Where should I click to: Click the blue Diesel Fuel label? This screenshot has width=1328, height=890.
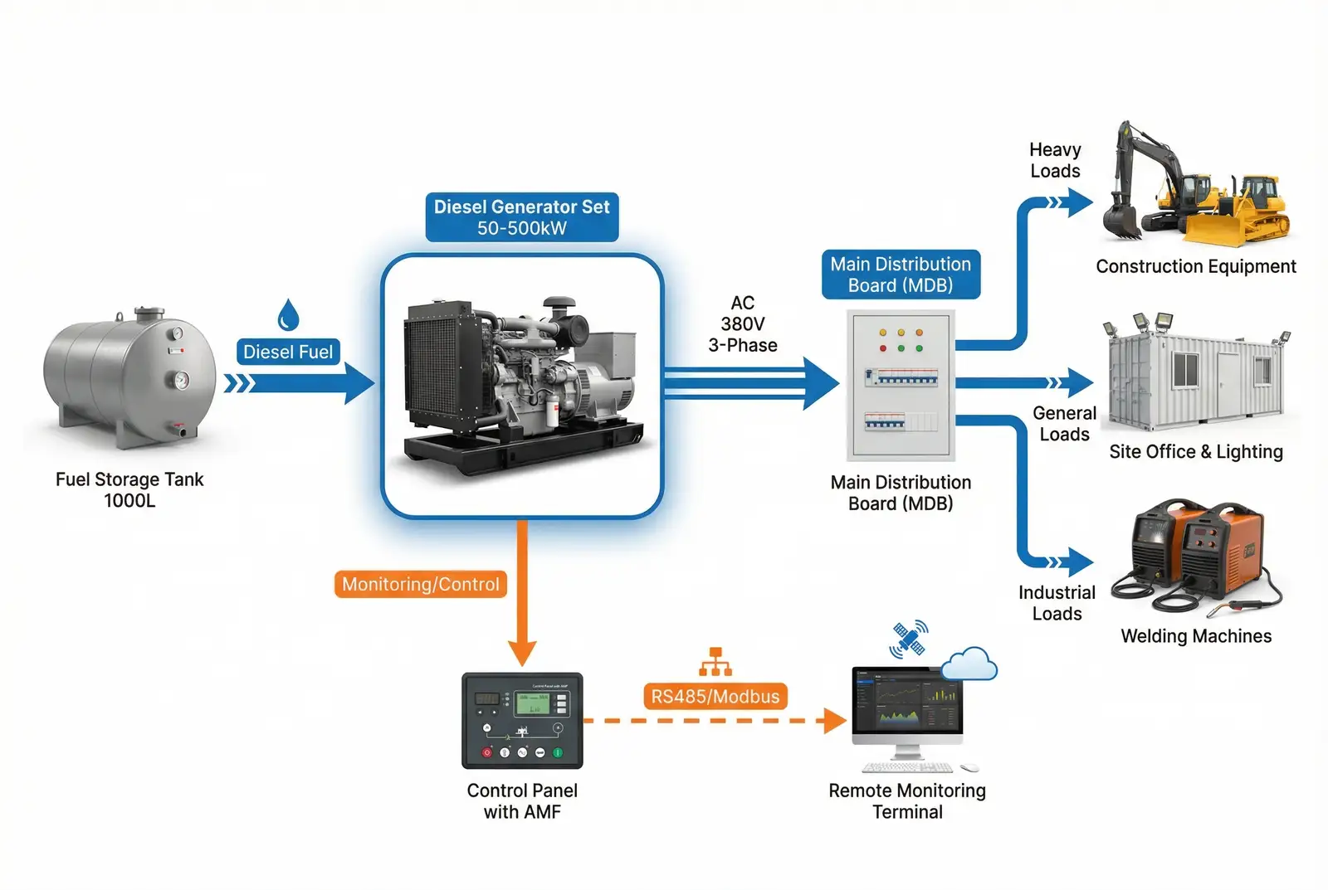point(288,352)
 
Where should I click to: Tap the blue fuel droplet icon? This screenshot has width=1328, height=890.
point(288,315)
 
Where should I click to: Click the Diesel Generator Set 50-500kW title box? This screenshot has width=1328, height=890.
point(522,217)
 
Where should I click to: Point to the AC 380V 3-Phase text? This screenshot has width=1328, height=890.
point(743,324)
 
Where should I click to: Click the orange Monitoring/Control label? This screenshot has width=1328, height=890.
point(420,584)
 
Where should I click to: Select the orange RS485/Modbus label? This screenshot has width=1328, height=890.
point(715,696)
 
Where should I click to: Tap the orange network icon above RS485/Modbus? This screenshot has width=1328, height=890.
point(715,662)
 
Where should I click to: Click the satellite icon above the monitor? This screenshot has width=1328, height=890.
point(908,640)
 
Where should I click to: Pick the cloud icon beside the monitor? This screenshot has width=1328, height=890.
point(969,664)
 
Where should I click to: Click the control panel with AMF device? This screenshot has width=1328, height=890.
point(522,720)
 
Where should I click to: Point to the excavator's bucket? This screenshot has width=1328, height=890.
point(1121,222)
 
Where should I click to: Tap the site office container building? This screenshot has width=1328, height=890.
point(1195,379)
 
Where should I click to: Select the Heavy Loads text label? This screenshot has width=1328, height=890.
point(1055,160)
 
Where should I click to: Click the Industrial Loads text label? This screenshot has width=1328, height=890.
point(1057,603)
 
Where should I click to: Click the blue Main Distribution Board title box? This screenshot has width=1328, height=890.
point(901,275)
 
